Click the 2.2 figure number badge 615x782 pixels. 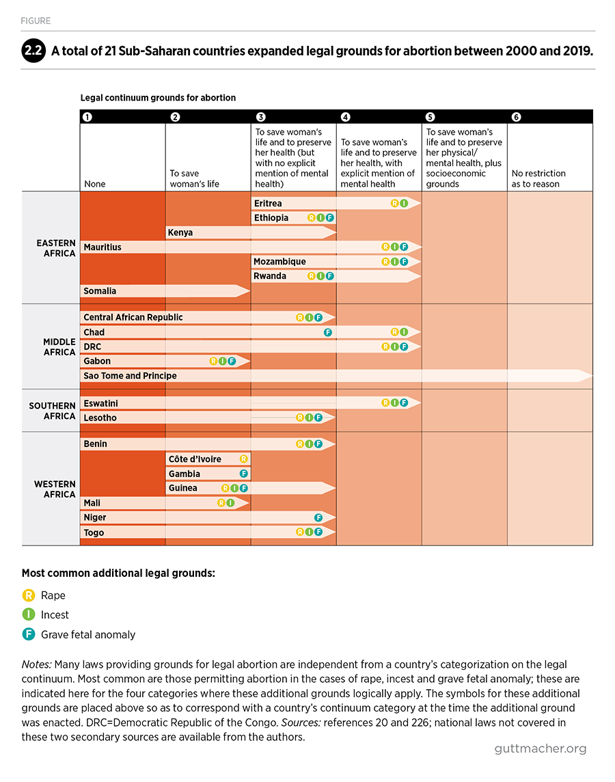[33, 51]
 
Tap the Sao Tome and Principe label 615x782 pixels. [130, 375]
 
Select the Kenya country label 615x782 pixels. [180, 232]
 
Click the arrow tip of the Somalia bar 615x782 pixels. [249, 291]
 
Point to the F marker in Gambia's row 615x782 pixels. [244, 474]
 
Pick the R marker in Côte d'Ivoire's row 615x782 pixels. [244, 459]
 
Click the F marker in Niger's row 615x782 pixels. [318, 517]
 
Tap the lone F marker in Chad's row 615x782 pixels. [328, 332]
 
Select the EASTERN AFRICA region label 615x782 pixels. [56, 248]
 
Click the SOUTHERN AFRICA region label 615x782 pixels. [53, 411]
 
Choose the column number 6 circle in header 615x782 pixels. [517, 117]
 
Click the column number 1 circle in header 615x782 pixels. [87, 117]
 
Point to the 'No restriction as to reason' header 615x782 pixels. [538, 178]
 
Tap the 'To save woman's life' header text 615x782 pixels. [194, 178]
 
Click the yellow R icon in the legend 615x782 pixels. [29, 595]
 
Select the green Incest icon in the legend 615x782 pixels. [29, 615]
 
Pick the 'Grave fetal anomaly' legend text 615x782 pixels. [88, 634]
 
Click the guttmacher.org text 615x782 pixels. [541, 749]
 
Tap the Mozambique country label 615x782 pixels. [279, 261]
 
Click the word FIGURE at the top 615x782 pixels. [36, 21]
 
